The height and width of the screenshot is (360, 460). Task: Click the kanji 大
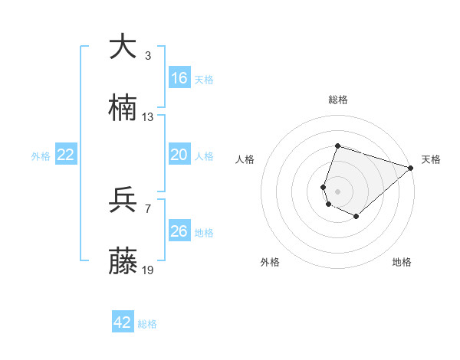(123, 47)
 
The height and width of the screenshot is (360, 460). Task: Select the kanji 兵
(123, 200)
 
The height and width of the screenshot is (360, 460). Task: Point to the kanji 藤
(123, 262)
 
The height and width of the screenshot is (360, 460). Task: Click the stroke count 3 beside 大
(148, 56)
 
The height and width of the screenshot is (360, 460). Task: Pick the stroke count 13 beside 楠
(148, 117)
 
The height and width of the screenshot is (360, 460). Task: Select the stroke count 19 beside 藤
(148, 270)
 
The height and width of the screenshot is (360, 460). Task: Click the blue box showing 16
(179, 78)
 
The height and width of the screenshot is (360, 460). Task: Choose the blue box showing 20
(179, 155)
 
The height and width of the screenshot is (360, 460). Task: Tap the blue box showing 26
(179, 231)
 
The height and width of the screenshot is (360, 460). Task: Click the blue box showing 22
(66, 155)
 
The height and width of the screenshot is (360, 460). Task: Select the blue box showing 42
(123, 322)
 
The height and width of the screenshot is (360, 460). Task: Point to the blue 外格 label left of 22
(41, 155)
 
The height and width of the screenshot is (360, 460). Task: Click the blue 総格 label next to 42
(147, 324)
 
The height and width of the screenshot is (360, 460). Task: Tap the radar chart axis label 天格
(431, 159)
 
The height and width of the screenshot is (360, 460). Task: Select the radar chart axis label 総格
(338, 100)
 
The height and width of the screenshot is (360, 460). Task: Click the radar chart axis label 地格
(402, 262)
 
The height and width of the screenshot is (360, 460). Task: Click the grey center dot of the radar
(338, 191)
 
